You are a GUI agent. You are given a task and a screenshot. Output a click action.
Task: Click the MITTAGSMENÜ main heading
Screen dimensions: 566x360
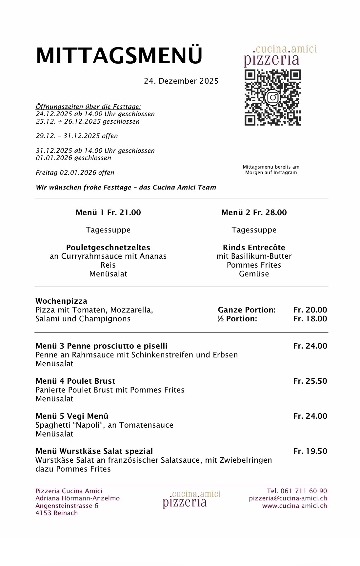coord(119,56)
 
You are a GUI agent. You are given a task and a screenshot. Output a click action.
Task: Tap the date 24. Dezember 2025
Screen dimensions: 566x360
coord(181,81)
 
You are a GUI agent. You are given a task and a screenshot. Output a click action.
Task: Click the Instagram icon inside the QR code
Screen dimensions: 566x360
coord(273,97)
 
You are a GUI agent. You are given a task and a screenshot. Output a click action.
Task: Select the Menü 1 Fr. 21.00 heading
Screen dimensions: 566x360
coord(108,212)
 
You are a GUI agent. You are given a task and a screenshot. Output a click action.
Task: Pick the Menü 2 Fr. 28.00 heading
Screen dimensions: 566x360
coord(254,212)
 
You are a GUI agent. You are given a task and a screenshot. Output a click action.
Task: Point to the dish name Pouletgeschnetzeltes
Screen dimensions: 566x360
coord(108,248)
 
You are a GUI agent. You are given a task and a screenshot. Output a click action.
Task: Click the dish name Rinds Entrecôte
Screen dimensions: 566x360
coord(254,248)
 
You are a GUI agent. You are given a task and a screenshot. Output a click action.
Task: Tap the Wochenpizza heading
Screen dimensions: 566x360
coord(61,301)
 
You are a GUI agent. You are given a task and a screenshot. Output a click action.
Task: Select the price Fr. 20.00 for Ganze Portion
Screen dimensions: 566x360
coord(310,310)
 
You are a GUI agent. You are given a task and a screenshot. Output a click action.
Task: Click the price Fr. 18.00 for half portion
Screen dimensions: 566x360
coord(310,319)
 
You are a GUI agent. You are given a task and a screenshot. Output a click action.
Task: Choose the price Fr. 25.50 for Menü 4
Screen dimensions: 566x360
coord(310,381)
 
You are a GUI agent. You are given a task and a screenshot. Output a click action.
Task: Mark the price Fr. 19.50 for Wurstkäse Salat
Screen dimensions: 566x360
coord(310,451)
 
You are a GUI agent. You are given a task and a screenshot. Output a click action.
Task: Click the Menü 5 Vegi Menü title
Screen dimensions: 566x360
coord(72,416)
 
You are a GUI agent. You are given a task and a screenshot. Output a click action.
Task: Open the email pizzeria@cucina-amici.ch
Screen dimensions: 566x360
coord(288,498)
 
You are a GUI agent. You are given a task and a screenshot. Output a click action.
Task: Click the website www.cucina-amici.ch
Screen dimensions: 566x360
coord(294,506)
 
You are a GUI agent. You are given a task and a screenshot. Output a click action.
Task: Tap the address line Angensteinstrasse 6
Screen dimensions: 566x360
coord(67,506)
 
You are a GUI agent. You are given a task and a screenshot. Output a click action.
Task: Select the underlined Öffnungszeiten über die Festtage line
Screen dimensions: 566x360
coord(88,107)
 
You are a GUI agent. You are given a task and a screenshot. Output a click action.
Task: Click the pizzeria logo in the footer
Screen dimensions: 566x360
coord(192,499)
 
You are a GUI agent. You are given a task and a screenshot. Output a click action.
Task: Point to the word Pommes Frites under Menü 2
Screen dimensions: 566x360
coord(254,265)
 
